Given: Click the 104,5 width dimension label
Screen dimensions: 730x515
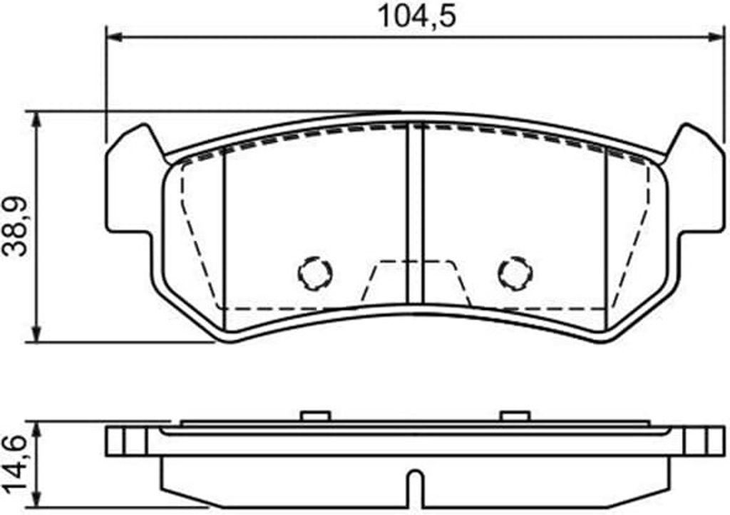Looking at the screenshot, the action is tap(416, 16).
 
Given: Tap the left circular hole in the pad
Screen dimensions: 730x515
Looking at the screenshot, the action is tap(316, 274).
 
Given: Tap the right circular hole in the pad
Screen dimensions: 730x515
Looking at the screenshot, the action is tap(515, 274).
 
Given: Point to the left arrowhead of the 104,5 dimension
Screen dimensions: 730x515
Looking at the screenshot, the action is tap(115, 36).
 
